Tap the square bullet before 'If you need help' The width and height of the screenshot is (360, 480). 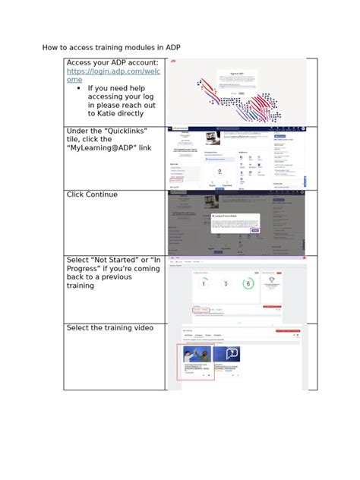pyautogui.click(x=80, y=88)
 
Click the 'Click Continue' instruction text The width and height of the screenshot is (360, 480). pyautogui.click(x=92, y=194)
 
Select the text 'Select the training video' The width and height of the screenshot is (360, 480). pyautogui.click(x=109, y=327)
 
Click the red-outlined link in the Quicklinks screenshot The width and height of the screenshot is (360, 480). pyautogui.click(x=177, y=181)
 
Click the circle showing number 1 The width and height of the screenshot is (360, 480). pyautogui.click(x=204, y=283)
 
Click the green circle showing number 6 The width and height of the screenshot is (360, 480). pyautogui.click(x=248, y=283)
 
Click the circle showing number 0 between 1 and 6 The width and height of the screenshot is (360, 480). pyautogui.click(x=226, y=283)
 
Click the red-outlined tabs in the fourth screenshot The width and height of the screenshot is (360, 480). pyautogui.click(x=202, y=310)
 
